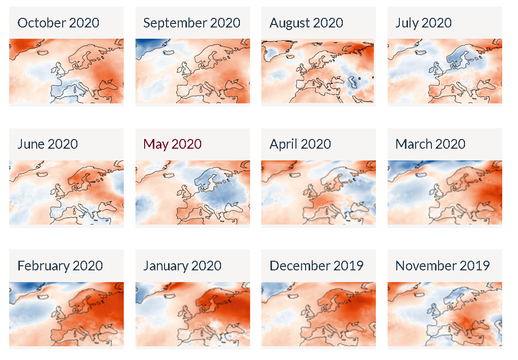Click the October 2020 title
tap(58, 23)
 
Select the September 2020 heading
tap(192, 23)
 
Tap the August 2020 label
tap(306, 23)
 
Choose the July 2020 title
tap(423, 23)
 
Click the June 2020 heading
tap(47, 144)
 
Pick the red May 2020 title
tap(172, 144)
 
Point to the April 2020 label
tap(300, 144)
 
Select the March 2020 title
tap(430, 144)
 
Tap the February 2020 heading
tap(60, 266)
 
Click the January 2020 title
tap(182, 266)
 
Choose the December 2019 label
tap(316, 266)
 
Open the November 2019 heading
tap(443, 266)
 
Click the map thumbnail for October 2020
tap(66, 71)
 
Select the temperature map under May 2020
tap(193, 192)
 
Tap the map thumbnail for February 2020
tap(66, 314)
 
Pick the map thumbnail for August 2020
tap(318, 71)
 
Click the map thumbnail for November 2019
tap(445, 314)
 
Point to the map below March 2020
tap(445, 192)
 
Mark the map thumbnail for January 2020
tap(193, 314)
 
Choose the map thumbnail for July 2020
tap(445, 71)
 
